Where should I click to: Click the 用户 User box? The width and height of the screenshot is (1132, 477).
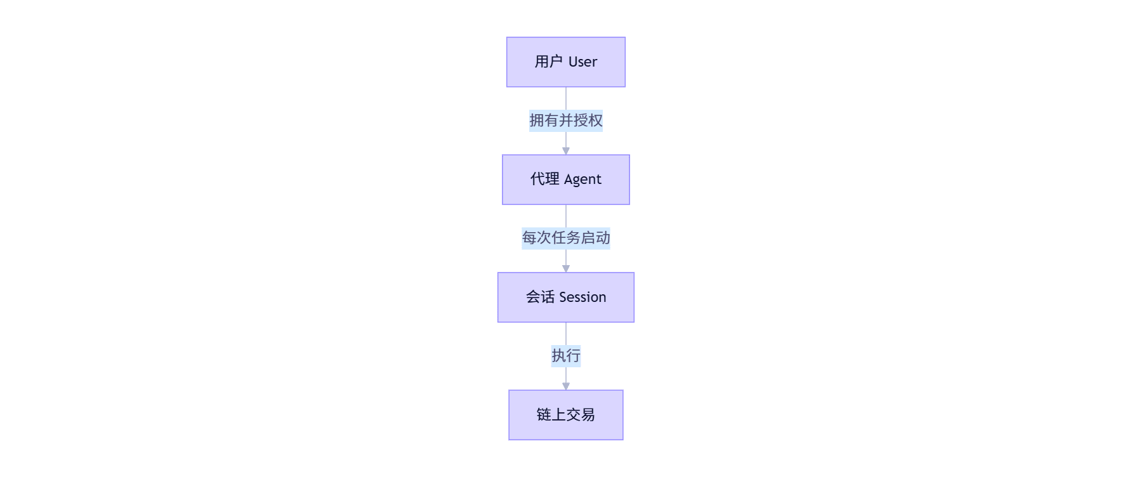point(566,62)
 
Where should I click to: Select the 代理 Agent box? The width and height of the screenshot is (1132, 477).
point(566,180)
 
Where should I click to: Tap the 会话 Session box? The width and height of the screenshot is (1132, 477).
point(566,297)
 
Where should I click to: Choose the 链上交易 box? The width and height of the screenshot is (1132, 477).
point(566,415)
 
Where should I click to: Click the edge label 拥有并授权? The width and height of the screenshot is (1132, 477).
point(566,121)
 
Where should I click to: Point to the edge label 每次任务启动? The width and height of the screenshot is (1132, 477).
point(566,238)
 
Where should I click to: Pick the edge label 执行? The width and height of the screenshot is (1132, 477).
point(566,356)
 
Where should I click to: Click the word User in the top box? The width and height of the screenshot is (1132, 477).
point(582,62)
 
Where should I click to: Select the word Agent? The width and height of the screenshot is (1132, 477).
point(582,180)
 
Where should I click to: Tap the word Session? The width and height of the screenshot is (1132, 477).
point(582,297)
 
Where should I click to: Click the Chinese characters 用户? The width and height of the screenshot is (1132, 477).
point(549,62)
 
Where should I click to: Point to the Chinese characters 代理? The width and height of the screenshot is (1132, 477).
point(545,179)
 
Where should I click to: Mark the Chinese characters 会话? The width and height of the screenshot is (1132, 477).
point(540,297)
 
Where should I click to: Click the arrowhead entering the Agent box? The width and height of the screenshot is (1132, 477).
point(566,151)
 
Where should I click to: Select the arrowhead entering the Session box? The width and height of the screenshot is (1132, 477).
point(566,269)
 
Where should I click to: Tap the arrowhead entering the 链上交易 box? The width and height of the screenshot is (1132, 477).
point(566,386)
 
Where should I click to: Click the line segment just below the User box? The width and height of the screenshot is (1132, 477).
point(566,99)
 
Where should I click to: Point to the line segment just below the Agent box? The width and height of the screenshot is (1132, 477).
point(566,216)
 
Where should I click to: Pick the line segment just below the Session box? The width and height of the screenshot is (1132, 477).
point(566,334)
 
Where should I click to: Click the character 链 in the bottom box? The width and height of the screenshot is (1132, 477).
point(544,415)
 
